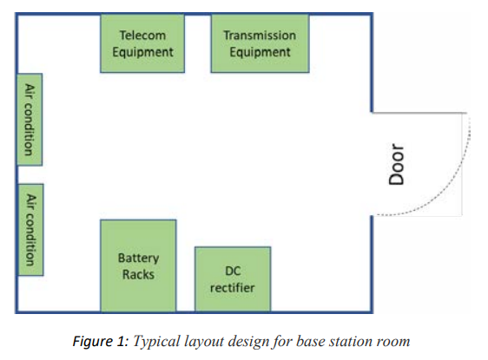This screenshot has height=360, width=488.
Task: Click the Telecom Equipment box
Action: click(x=142, y=43)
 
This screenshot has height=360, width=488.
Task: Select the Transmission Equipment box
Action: click(x=260, y=43)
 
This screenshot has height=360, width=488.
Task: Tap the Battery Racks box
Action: click(x=138, y=265)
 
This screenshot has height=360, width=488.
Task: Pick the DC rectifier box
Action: click(x=233, y=278)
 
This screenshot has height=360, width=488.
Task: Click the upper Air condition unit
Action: click(x=30, y=120)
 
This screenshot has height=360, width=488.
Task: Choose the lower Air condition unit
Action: click(x=30, y=230)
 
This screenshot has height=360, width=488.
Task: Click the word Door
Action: click(x=397, y=164)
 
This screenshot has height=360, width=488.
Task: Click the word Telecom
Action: click(x=142, y=35)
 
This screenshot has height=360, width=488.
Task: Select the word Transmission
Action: click(x=260, y=35)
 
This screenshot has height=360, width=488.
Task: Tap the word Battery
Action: click(x=138, y=258)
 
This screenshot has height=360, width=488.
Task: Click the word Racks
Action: click(x=138, y=274)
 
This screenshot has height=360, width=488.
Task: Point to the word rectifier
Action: click(x=233, y=288)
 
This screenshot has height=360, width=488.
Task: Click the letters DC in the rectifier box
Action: click(x=233, y=272)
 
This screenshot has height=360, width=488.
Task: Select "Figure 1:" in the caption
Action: click(x=101, y=341)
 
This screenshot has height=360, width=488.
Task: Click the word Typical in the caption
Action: click(x=157, y=342)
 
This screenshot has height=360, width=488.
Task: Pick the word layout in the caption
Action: click(x=204, y=342)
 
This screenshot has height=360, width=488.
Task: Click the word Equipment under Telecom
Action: click(x=143, y=52)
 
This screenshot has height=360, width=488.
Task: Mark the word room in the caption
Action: click(x=393, y=342)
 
